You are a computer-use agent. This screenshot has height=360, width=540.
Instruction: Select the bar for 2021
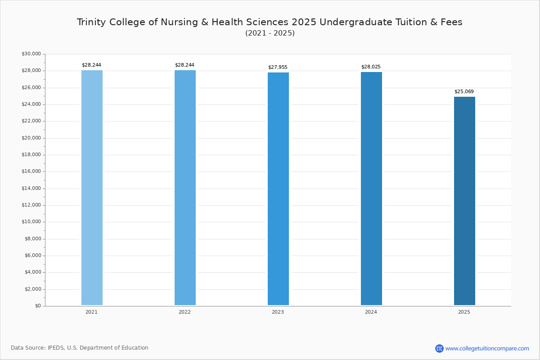pyautogui.click(x=92, y=188)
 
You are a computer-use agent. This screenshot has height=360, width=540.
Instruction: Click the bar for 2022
pyautogui.click(x=185, y=188)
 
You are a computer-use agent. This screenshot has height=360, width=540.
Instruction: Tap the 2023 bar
pyautogui.click(x=278, y=189)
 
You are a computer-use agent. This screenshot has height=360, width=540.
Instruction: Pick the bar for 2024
pyautogui.click(x=371, y=189)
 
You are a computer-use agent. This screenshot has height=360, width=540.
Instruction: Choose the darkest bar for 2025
pyautogui.click(x=464, y=201)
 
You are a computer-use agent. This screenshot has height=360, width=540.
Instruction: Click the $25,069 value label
pyautogui.click(x=464, y=92)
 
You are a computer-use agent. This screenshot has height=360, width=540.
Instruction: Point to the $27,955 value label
pyautogui.click(x=278, y=67)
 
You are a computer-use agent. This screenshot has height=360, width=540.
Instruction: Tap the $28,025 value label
pyautogui.click(x=371, y=67)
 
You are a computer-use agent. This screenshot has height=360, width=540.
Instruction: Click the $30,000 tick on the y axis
pyautogui.click(x=31, y=54)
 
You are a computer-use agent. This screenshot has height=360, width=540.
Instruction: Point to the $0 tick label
pyautogui.click(x=38, y=306)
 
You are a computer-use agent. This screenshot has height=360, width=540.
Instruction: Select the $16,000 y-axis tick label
pyautogui.click(x=31, y=171)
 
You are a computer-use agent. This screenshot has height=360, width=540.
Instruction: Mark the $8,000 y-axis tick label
pyautogui.click(x=32, y=238)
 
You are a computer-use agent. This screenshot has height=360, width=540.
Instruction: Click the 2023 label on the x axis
pyautogui.click(x=278, y=312)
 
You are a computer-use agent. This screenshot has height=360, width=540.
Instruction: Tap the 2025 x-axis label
pyautogui.click(x=464, y=312)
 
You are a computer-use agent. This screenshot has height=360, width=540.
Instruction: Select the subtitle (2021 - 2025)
pyautogui.click(x=270, y=33)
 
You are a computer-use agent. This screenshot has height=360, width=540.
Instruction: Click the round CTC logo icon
pyautogui.click(x=439, y=348)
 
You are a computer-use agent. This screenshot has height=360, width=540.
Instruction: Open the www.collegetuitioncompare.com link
pyautogui.click(x=487, y=348)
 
